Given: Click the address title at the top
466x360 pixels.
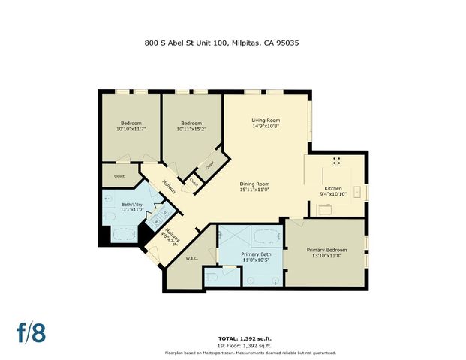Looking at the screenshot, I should click(233, 43).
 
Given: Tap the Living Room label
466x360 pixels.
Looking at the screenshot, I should click(265, 120).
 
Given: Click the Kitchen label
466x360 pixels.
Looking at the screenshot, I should click(332, 188).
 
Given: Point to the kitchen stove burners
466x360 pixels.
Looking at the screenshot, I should click(336, 160).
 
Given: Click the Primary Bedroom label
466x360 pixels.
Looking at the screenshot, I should click(326, 249).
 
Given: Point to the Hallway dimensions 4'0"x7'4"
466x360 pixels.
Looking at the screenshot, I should click(173, 240).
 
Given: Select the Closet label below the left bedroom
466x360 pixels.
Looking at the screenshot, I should click(119, 176).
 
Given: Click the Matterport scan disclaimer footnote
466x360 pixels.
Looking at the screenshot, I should click(250, 352).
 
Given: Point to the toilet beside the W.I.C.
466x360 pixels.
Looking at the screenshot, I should click(214, 277).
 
